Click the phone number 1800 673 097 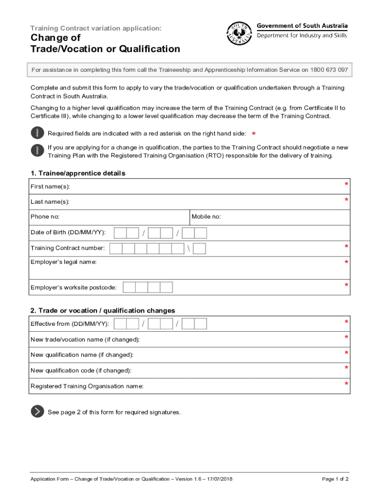(329, 70)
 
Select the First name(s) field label (50, 187)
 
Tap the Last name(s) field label (50, 202)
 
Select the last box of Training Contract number (199, 249)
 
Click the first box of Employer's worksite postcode (129, 287)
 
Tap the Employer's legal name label (63, 262)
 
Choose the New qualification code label (81, 371)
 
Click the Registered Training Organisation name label (87, 386)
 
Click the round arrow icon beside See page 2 (37, 412)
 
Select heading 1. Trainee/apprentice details (78, 173)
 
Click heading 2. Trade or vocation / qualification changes (102, 311)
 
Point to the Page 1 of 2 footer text (335, 479)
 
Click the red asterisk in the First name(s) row (347, 185)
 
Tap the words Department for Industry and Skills (302, 35)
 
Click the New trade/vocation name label (85, 340)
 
